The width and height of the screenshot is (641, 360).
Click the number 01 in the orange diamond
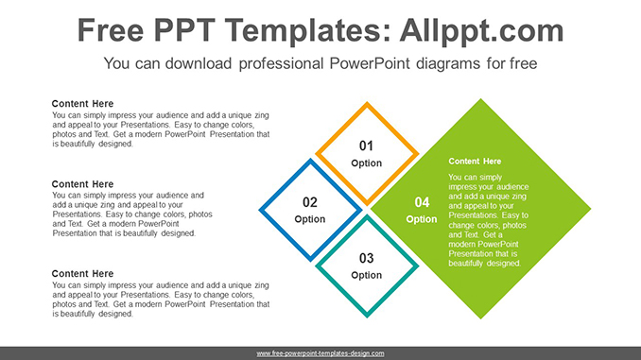pos(366,146)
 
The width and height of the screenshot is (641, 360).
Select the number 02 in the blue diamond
pos(310,202)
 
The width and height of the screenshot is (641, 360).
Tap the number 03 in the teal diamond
pos(366,258)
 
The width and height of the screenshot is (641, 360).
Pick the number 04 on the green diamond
pos(422,202)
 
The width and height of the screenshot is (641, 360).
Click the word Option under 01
pos(366,163)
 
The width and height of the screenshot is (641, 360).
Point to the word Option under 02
pos(310,219)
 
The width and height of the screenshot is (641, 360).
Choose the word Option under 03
pos(366,275)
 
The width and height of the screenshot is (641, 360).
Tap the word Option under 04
pos(422,219)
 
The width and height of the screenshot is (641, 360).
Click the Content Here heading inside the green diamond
pos(475,162)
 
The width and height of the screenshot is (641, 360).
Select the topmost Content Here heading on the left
pos(82,104)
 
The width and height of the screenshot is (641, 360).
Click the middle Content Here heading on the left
pos(82,184)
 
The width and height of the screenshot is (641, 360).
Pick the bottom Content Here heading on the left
pos(82,274)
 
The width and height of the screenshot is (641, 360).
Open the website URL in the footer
pos(320,352)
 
